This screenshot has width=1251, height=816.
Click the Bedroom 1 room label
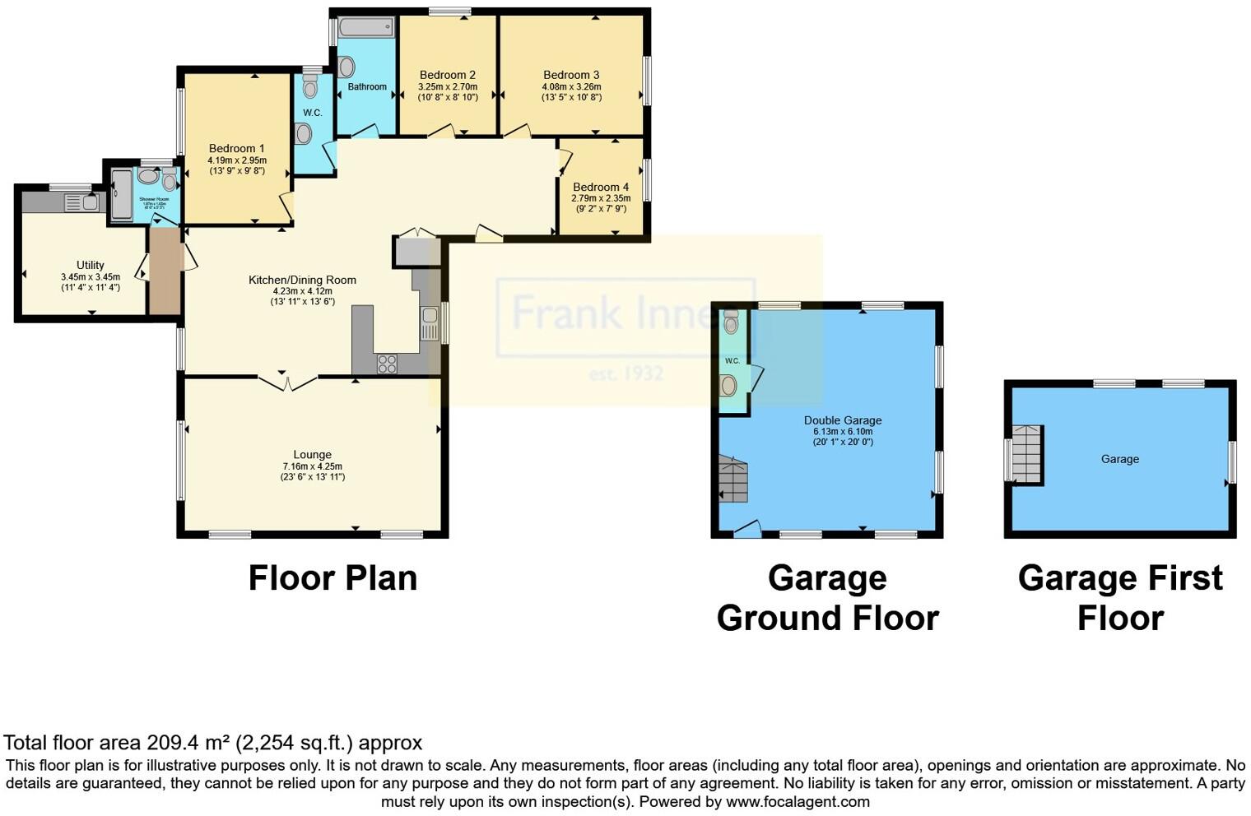(x=236, y=149)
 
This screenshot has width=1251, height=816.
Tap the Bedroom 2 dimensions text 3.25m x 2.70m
(x=448, y=86)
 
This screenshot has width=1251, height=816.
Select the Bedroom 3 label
(x=571, y=75)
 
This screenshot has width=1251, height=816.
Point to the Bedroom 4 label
(x=601, y=187)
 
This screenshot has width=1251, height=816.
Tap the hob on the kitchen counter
(x=387, y=364)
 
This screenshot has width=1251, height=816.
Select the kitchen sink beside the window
(x=429, y=322)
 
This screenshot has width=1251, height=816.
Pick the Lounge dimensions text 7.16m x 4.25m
(x=312, y=466)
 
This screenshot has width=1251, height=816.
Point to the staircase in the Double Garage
(x=733, y=479)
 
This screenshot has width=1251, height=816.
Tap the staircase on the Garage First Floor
(x=1026, y=455)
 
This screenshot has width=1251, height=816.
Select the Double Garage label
(x=842, y=420)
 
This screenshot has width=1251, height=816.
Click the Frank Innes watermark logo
(x=625, y=317)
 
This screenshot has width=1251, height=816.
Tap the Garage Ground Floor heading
(x=827, y=598)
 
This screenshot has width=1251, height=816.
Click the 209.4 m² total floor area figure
(x=188, y=743)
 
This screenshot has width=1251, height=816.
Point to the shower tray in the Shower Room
(x=121, y=195)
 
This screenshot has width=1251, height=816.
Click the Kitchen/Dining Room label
(x=302, y=280)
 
